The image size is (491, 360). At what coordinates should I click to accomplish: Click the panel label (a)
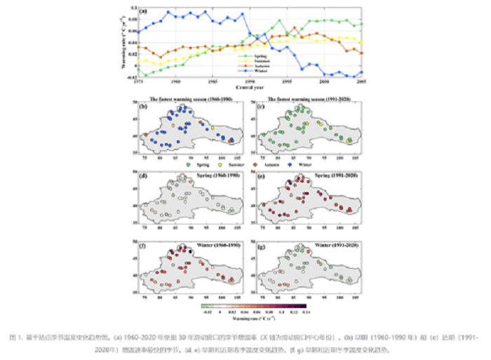coord(143,11)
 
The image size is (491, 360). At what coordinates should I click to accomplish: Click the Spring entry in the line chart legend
coord(264,55)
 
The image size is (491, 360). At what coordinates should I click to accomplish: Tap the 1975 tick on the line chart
coord(138,82)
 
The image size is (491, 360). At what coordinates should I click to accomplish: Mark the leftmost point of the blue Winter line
coord(138,32)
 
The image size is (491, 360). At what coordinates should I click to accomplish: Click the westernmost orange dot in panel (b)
coord(145,135)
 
